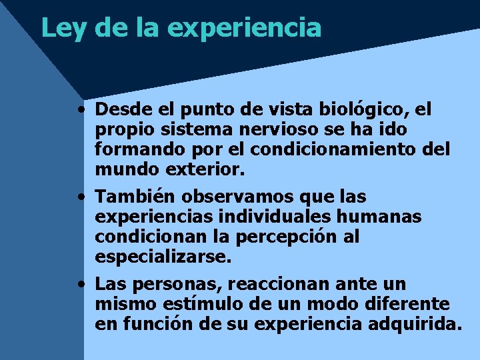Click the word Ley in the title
[x=63, y=28]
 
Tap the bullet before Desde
[x=80, y=109]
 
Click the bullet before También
[x=80, y=197]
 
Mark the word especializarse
[x=163, y=257]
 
